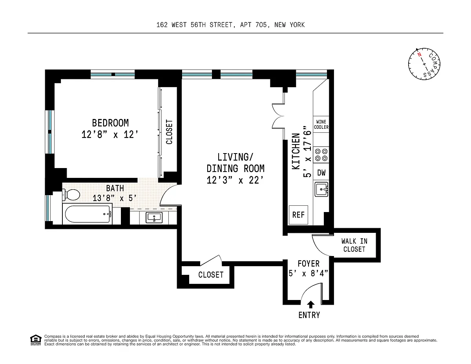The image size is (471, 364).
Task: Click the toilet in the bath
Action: click(x=71, y=194)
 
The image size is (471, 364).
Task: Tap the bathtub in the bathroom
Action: click(x=88, y=214)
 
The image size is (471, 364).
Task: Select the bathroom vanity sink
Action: click(x=154, y=218)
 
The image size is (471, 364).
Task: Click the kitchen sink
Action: click(x=321, y=189)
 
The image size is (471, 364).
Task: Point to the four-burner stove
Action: click(x=321, y=155)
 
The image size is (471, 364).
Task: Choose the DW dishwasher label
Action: click(x=321, y=172)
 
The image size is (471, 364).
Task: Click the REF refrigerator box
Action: click(x=298, y=215)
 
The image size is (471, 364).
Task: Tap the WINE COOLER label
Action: click(x=321, y=124)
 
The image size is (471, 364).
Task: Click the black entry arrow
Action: click(x=311, y=304)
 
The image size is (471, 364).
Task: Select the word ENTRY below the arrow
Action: click(x=309, y=315)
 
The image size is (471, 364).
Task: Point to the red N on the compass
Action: click(x=420, y=54)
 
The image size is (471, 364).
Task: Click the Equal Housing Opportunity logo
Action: click(x=36, y=340)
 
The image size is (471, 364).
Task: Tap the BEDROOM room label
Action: click(x=110, y=123)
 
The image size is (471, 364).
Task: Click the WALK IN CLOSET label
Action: click(x=354, y=245)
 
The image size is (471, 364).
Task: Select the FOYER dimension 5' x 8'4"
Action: click(x=308, y=273)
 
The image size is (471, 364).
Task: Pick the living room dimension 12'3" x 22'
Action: click(x=235, y=180)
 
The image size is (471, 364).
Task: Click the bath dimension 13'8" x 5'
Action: click(x=115, y=198)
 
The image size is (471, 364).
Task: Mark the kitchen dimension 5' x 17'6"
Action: click(x=307, y=151)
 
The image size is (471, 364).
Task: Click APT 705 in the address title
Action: click(x=254, y=25)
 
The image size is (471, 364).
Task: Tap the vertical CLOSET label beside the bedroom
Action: click(x=169, y=132)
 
